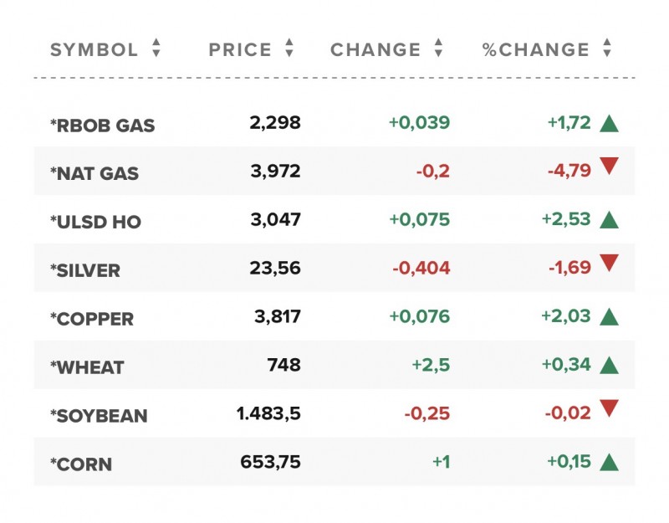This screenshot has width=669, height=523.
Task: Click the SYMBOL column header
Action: coord(94,49)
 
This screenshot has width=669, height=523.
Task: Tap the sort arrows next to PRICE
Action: coord(289,49)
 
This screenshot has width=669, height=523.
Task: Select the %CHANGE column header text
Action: coord(535,49)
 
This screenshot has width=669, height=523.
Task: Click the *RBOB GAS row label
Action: coord(103,126)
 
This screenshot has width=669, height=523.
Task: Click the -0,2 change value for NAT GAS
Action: coord(432,172)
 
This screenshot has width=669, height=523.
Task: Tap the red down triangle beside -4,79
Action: coord(609,167)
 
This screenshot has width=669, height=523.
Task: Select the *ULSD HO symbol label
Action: coord(96,223)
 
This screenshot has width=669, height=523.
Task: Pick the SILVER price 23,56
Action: coord(274,269)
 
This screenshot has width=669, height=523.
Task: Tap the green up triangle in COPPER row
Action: coord(609,316)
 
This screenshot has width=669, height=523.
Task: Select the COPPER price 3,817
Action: coord(277,317)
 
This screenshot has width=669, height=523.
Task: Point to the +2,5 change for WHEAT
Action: coord(431,365)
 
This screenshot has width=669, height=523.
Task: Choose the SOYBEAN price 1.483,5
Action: coord(268,413)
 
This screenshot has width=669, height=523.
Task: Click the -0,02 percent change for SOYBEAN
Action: coord(568,413)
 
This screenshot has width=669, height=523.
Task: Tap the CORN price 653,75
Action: coord(269,462)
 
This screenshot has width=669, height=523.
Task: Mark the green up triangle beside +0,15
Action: coord(609,461)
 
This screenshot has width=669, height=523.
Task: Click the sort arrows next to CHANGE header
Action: coord(438,49)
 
